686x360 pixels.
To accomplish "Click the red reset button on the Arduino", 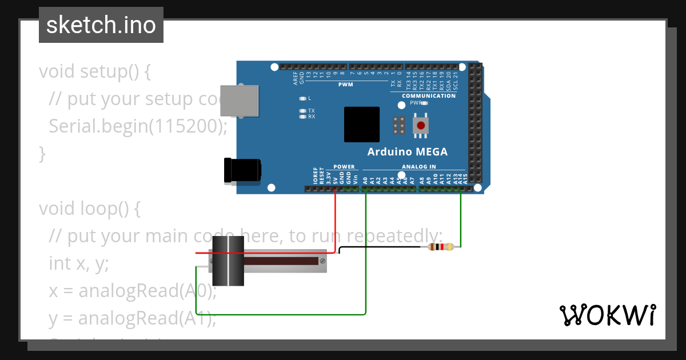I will [x=421, y=125].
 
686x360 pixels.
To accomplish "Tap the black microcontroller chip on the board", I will [x=361, y=125].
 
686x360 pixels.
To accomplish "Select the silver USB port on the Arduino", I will [x=241, y=102].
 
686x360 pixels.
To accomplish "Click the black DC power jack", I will [x=243, y=170].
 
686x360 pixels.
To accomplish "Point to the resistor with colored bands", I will [x=440, y=247].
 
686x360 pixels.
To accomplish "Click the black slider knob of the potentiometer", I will [x=228, y=261].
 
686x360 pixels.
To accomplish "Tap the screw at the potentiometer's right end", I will [x=323, y=261].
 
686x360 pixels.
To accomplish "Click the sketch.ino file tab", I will [x=101, y=25].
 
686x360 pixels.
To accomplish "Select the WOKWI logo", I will [x=607, y=315].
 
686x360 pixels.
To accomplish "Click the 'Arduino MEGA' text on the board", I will [x=407, y=152].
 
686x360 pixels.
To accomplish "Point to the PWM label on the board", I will [x=345, y=85].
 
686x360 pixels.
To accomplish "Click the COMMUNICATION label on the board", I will [x=429, y=96].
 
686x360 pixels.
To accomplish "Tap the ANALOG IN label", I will [x=418, y=167].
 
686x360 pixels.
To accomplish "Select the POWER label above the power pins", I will [x=344, y=167].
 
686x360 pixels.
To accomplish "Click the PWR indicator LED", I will [x=424, y=103].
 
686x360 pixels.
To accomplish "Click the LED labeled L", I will [x=302, y=98].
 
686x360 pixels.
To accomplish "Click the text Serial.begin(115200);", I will [x=138, y=126].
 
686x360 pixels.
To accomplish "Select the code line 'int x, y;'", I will [x=78, y=263].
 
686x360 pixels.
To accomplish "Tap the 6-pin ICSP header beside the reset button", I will [x=399, y=125].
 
